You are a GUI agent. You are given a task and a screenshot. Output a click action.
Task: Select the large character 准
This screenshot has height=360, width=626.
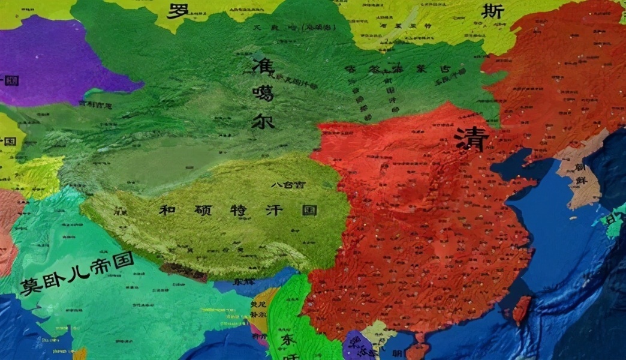click(x=263, y=64)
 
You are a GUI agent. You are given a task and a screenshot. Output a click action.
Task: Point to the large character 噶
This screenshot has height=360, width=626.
click(x=263, y=92)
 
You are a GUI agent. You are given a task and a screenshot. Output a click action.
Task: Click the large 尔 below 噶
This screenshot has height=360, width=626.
click(x=263, y=119)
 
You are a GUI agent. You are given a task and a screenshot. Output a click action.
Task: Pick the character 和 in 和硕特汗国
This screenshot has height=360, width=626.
click(x=167, y=210)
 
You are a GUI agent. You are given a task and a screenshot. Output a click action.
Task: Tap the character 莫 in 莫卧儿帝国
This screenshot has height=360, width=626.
click(x=30, y=286)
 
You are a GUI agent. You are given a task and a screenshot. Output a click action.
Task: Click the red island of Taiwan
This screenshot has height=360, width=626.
click(x=522, y=309)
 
